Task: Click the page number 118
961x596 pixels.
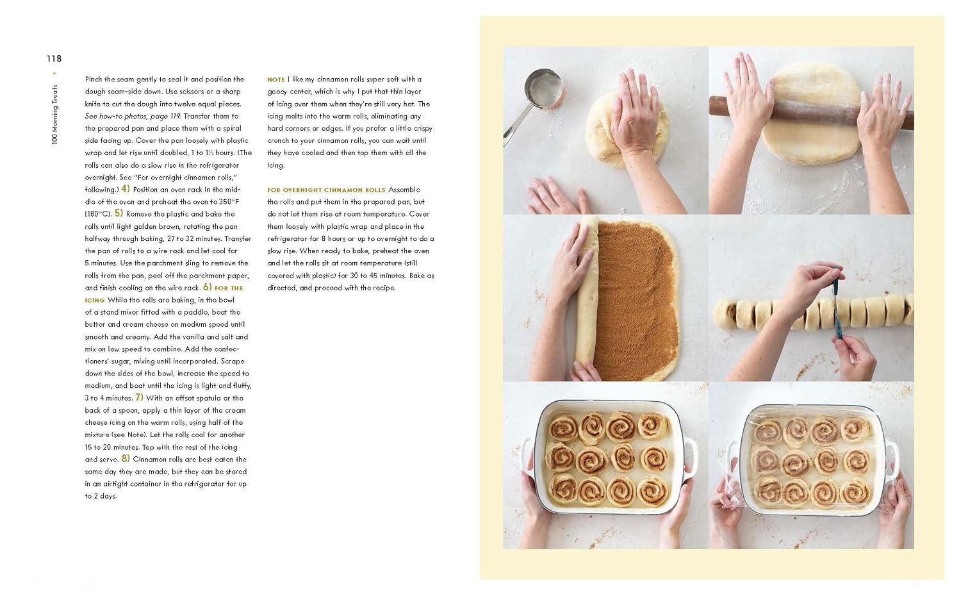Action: (54, 59)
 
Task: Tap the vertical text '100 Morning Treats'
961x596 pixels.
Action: (54, 114)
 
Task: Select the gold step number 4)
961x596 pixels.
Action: (126, 189)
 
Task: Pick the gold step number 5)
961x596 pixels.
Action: (119, 213)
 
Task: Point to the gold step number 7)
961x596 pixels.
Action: (139, 397)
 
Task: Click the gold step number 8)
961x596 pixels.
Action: (126, 459)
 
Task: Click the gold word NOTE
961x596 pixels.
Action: (276, 80)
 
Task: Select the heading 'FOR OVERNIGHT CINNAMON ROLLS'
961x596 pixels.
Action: (326, 190)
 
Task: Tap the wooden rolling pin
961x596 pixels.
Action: (811, 112)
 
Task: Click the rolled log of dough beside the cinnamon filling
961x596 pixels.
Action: (587, 296)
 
